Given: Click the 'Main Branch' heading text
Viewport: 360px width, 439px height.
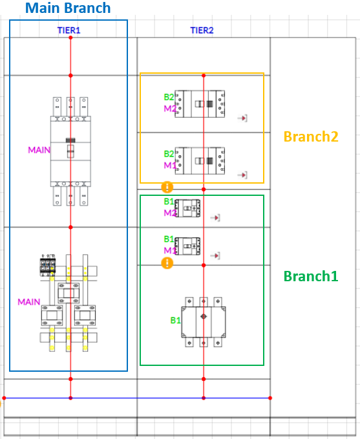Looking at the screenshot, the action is [68, 8].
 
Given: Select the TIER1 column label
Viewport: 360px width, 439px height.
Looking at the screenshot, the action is [69, 30].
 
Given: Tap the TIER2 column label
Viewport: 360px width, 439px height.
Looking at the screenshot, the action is [202, 30].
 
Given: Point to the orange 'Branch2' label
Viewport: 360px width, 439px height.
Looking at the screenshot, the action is [311, 136].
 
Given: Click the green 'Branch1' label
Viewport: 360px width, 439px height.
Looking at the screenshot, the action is [311, 276].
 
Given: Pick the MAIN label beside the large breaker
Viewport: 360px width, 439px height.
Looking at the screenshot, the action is [39, 150].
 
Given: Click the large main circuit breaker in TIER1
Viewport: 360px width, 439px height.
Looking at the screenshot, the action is [70, 151].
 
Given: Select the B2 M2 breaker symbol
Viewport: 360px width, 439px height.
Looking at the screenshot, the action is [200, 104].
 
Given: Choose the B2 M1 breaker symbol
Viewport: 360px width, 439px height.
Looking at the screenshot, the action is [200, 161].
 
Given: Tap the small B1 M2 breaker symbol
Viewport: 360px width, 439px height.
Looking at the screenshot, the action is [187, 208].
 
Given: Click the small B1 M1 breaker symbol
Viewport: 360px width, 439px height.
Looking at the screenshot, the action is [187, 246].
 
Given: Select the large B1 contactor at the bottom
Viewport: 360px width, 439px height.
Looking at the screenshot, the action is [204, 322].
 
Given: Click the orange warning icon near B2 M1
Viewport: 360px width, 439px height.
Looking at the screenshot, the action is [167, 187].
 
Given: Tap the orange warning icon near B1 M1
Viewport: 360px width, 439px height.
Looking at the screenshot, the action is [167, 263].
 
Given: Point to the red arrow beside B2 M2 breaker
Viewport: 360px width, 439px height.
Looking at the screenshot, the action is [242, 118].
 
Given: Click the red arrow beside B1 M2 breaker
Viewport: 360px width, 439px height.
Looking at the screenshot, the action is [215, 217].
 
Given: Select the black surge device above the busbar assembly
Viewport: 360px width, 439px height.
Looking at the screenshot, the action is [48, 266].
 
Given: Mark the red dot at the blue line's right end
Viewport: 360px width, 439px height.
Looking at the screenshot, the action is [270, 398].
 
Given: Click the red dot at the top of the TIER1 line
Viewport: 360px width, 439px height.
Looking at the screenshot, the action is [70, 37].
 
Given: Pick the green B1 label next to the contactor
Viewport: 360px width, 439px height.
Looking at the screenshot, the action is [176, 320].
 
